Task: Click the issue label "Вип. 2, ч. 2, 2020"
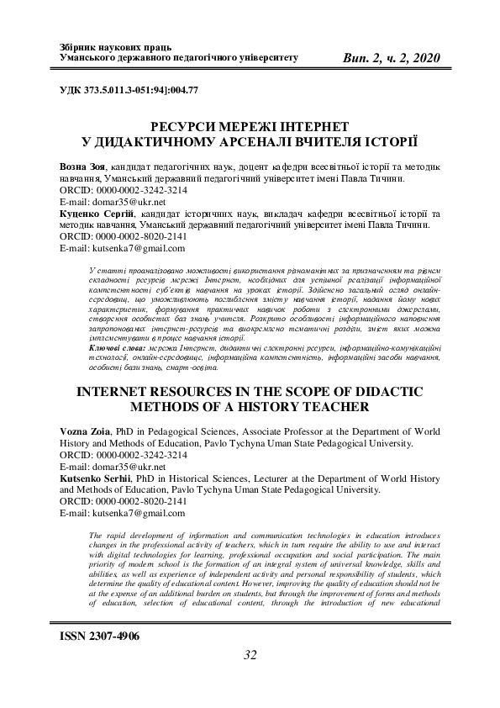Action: point(392,57)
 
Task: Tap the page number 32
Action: point(249,656)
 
